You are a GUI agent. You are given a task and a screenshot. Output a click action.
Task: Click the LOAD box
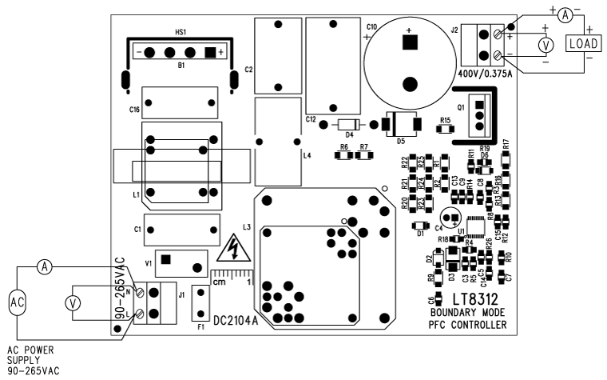(583, 44)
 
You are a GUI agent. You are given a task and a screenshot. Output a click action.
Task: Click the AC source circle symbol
(17, 302)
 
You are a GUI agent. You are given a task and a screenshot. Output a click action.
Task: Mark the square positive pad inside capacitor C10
(409, 46)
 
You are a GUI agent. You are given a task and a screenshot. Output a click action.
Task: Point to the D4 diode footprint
(348, 124)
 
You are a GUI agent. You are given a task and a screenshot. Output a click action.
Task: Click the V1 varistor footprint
(177, 259)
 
